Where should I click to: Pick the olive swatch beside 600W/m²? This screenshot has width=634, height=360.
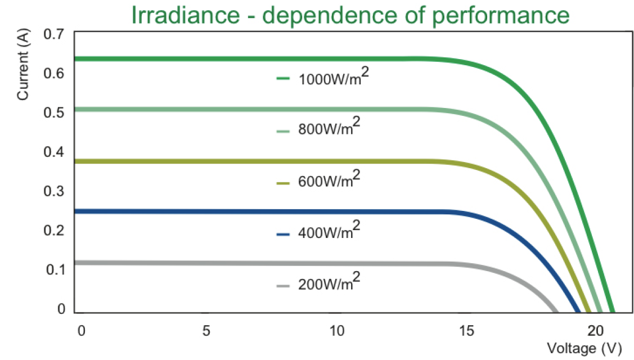coord(283,183)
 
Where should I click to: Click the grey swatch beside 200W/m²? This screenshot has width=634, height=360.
coord(283,286)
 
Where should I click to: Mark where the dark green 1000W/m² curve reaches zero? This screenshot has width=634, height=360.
coord(613,311)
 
